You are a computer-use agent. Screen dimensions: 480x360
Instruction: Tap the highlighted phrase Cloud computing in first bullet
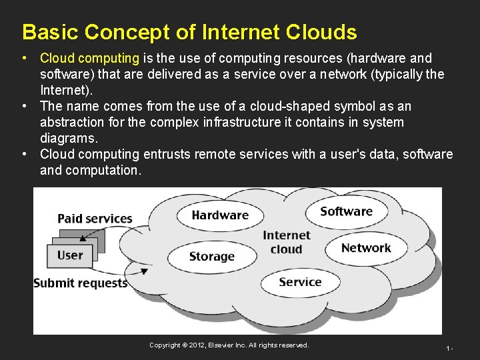(89, 59)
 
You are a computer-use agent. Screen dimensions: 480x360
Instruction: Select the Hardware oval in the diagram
(219, 215)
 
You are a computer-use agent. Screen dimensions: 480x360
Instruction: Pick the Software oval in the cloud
(346, 212)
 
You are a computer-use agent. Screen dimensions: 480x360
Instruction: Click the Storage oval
(211, 257)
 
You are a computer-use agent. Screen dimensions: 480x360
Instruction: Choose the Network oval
(366, 248)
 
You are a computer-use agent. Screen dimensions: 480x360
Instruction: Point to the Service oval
(300, 282)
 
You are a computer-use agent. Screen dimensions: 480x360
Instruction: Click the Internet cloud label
(287, 242)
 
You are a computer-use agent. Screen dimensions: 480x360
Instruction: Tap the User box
(70, 255)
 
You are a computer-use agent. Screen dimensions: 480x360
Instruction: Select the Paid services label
(95, 219)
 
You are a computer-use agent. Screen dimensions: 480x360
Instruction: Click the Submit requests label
(80, 283)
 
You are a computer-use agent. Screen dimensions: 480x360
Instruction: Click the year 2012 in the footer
(197, 345)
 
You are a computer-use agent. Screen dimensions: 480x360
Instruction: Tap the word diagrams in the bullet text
(69, 139)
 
